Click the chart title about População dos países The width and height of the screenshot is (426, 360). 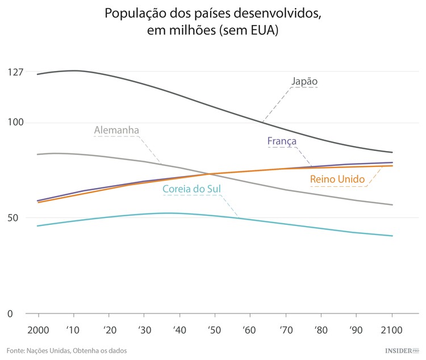[x=212, y=22]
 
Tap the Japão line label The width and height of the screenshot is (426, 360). [x=304, y=81]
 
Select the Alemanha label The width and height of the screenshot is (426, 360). [x=116, y=131]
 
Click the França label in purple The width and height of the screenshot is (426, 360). [x=282, y=141]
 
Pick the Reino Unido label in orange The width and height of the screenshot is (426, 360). [x=337, y=179]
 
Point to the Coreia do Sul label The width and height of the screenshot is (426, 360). [x=191, y=189]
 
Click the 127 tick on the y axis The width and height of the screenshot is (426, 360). [x=16, y=72]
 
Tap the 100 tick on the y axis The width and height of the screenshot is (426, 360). [x=16, y=123]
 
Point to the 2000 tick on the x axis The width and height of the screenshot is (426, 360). [x=38, y=330]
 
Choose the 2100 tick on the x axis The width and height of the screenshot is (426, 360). [x=392, y=330]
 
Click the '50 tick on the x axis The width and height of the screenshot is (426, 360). [x=214, y=330]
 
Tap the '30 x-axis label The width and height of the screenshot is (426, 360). [x=144, y=330]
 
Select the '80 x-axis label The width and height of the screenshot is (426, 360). [x=320, y=330]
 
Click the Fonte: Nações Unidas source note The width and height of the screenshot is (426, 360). [x=66, y=350]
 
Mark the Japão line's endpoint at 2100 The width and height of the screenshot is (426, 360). [x=392, y=152]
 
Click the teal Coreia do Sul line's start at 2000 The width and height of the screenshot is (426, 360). [x=37, y=226]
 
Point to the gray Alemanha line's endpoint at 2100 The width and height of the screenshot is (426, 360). [x=392, y=205]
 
